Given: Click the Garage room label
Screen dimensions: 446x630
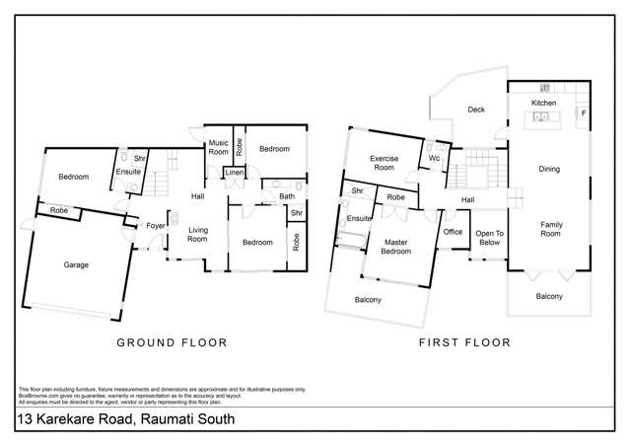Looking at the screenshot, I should pos(76,264).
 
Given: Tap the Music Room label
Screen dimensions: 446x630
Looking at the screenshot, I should pos(218,148).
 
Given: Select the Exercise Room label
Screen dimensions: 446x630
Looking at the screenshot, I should pos(383,163).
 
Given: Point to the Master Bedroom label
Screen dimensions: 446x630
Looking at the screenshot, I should pos(397,246).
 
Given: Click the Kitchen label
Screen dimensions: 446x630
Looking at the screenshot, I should pos(544,103).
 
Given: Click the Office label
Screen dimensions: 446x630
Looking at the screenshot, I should pos(453,232).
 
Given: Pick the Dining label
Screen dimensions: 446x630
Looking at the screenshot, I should pos(549,169).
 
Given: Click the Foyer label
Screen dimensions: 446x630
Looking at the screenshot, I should pos(156,225).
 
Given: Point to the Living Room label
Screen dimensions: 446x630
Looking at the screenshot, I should pos(198,234).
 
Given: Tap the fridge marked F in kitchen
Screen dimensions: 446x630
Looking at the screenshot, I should pos(584,113).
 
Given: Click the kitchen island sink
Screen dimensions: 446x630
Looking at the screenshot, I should pos(540,117).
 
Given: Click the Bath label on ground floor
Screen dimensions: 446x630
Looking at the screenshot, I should pos(286,196).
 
